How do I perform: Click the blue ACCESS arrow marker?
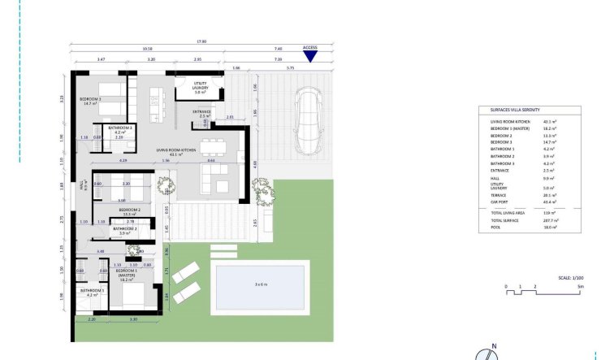(x=309, y=56)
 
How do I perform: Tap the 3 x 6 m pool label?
(x=261, y=284)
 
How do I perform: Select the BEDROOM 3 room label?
(x=89, y=101)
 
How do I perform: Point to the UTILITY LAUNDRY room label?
(x=200, y=86)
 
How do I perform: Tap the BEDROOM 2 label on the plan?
(x=130, y=211)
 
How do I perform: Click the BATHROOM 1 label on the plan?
(x=92, y=292)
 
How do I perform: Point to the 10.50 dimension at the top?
(x=148, y=50)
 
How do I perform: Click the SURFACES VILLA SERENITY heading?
(x=508, y=110)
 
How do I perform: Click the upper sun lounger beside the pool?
(x=186, y=271)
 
